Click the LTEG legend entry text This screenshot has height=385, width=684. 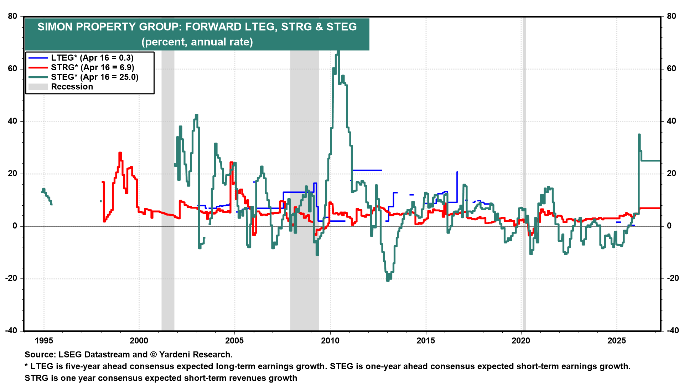click(x=92, y=58)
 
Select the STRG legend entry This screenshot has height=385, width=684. click(x=92, y=67)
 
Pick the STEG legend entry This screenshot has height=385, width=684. click(x=94, y=77)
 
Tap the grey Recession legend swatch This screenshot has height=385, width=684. click(x=38, y=87)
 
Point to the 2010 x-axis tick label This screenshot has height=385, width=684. click(x=330, y=340)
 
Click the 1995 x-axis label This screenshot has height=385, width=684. click(x=44, y=340)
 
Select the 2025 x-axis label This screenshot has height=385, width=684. click(x=616, y=340)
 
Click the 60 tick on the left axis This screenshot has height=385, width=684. click(x=12, y=68)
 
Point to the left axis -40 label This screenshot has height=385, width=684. click(x=11, y=330)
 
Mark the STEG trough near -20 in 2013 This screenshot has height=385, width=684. click(x=388, y=280)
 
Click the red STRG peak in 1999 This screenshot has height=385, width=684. click(x=120, y=153)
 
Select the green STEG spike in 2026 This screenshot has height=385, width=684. click(x=639, y=135)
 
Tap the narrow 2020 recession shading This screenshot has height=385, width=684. click(x=524, y=178)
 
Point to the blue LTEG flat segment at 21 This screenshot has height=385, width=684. click(x=367, y=170)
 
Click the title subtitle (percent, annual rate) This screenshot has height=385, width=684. click(x=197, y=42)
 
